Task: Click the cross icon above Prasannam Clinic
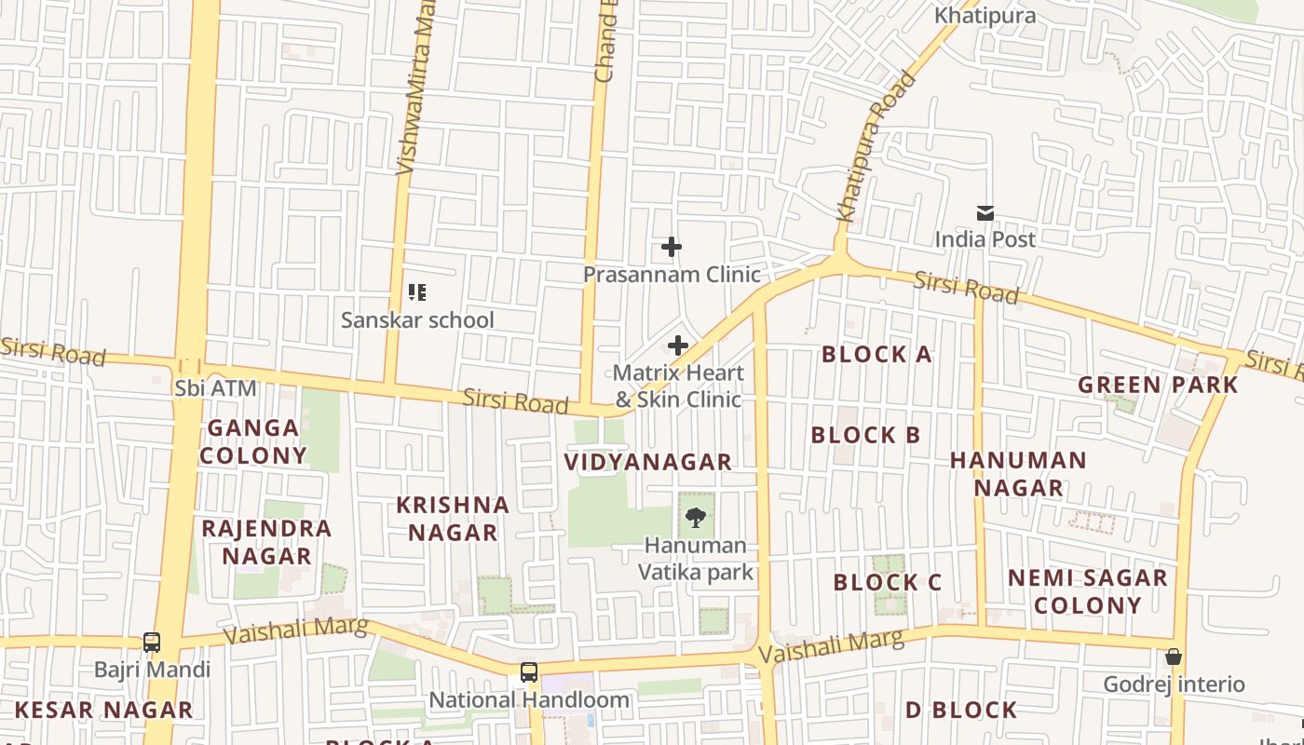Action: pyautogui.click(x=671, y=247)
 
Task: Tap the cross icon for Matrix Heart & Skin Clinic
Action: pyautogui.click(x=678, y=345)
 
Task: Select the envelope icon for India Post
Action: pyautogui.click(x=985, y=213)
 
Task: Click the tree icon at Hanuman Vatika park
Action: pyautogui.click(x=695, y=518)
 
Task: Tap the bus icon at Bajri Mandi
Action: pyautogui.click(x=152, y=643)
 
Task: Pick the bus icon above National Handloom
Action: pyautogui.click(x=528, y=671)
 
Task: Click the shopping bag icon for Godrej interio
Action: pyautogui.click(x=1174, y=657)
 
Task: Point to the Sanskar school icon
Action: pyautogui.click(x=417, y=293)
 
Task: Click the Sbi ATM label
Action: pyautogui.click(x=215, y=388)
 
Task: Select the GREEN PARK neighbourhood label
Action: pyautogui.click(x=1158, y=385)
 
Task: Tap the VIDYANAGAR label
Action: pyautogui.click(x=648, y=462)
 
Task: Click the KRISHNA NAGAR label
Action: pyautogui.click(x=453, y=519)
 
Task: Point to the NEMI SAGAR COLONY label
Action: pyautogui.click(x=1087, y=591)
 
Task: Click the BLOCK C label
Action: pyautogui.click(x=888, y=583)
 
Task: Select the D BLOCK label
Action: pyautogui.click(x=961, y=711)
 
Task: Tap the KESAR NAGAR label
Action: pyautogui.click(x=103, y=711)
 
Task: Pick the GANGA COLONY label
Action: pyautogui.click(x=252, y=441)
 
